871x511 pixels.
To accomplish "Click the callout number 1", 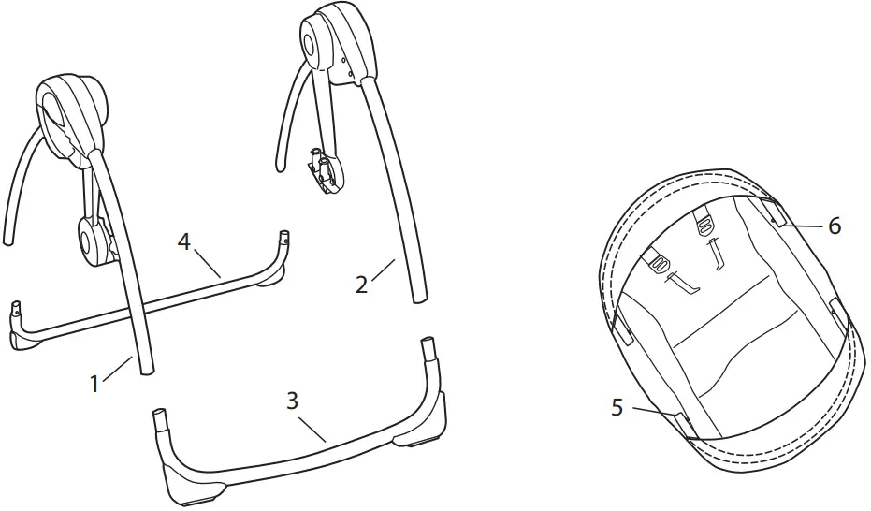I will [94, 383].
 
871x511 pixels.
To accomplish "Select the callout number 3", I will [292, 401].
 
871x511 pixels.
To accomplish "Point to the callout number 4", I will [184, 242].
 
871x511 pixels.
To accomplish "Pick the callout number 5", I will [617, 407].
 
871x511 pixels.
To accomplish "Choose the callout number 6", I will [835, 226].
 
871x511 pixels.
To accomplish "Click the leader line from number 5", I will [655, 412].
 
